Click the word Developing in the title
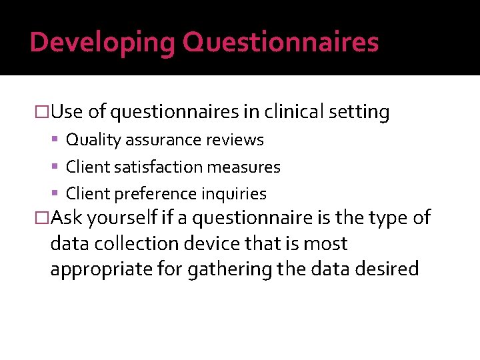coord(103,42)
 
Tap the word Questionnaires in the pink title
coord(281,42)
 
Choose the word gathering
coord(216,269)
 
